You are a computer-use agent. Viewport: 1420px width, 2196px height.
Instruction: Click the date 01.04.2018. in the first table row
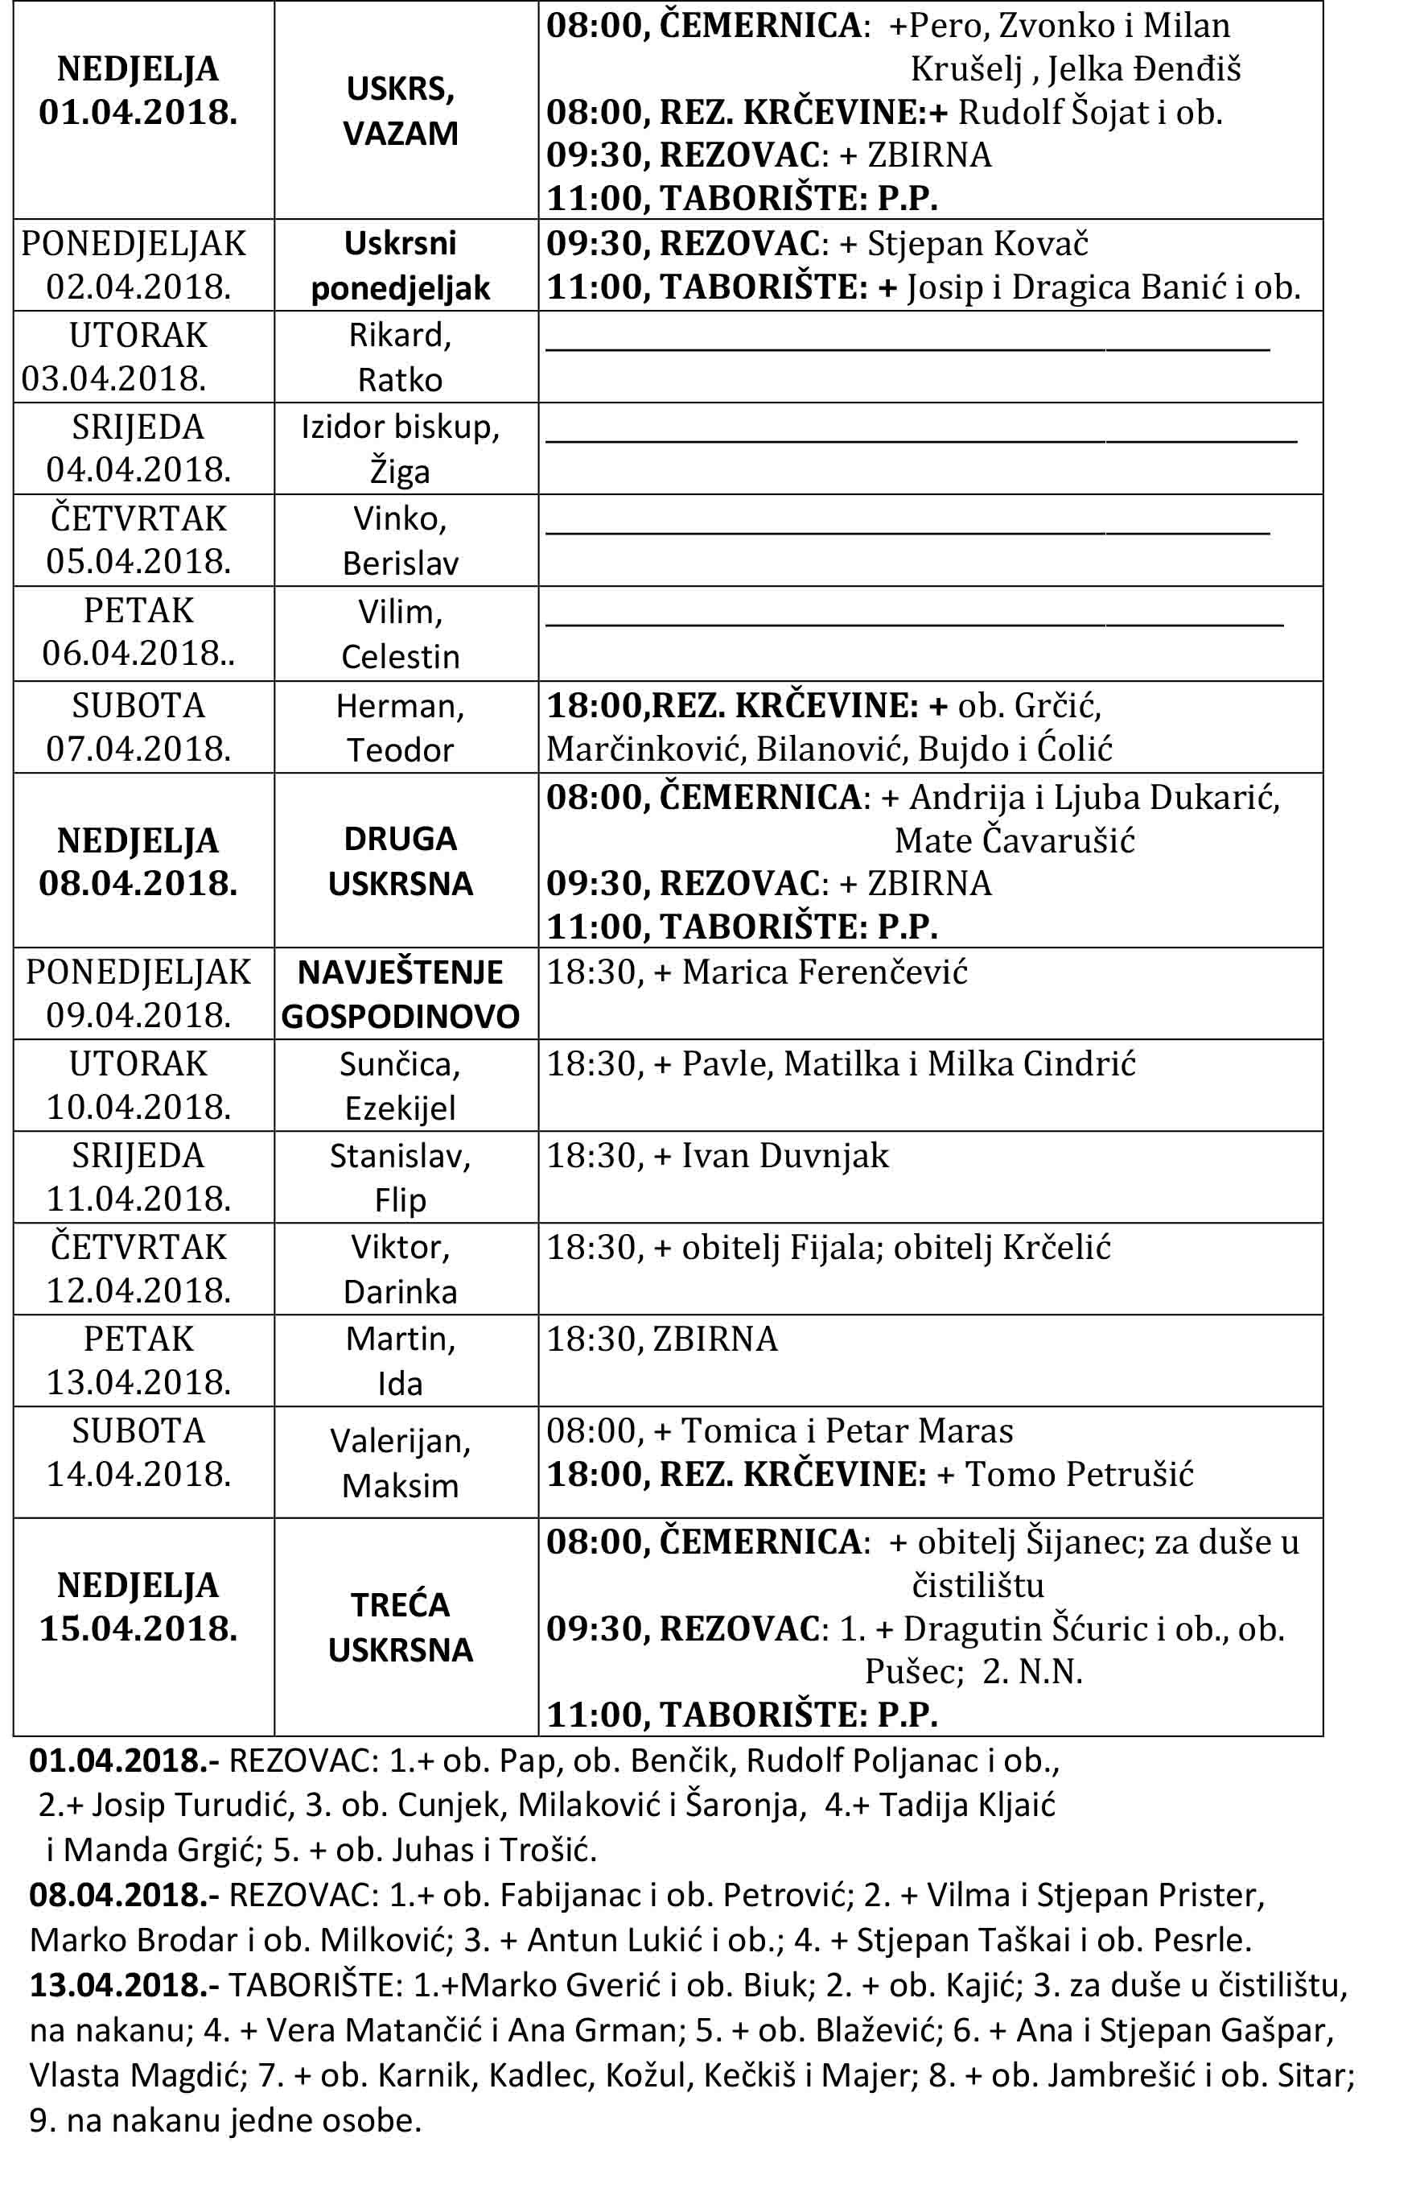pos(138,113)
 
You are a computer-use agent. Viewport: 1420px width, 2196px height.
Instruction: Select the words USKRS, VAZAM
pos(400,112)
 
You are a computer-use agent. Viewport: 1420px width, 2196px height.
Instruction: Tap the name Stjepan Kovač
pos(978,243)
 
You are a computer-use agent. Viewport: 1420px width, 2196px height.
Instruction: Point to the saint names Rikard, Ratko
pos(400,357)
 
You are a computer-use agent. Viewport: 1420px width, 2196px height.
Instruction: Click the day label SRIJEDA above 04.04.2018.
pos(138,427)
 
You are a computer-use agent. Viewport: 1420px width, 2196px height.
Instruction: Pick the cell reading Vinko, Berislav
pos(400,540)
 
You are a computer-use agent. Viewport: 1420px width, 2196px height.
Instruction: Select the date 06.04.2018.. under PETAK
pos(138,654)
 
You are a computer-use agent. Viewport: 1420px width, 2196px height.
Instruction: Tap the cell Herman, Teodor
pos(400,728)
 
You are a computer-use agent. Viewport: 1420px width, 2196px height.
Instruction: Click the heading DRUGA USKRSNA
pos(400,861)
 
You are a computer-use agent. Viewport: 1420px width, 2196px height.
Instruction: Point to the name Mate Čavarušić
pos(1015,840)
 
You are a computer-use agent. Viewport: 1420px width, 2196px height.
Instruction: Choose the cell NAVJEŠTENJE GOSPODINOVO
pos(400,994)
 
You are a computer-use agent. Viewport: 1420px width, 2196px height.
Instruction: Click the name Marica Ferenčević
pos(825,972)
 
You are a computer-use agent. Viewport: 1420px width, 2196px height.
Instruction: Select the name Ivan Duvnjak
pos(784,1156)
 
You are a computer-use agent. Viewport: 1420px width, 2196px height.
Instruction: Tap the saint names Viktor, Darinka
pos(400,1269)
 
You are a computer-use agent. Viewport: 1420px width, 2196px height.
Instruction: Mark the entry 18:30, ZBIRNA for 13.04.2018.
pos(662,1339)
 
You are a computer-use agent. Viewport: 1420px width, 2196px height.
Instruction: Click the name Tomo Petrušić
pos(1079,1474)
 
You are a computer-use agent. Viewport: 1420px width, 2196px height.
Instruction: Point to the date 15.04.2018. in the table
pos(138,1628)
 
